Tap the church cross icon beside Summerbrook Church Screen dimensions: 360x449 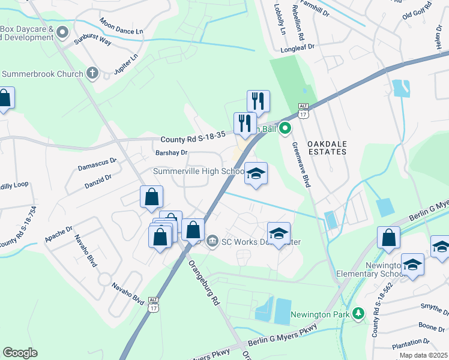pyautogui.click(x=92, y=74)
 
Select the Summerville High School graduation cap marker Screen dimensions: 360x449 pyautogui.click(x=256, y=175)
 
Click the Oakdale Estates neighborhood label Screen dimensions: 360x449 pyautogui.click(x=327, y=148)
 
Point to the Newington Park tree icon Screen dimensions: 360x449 pyautogui.click(x=358, y=314)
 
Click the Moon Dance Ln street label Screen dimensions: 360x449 pyautogui.click(x=122, y=26)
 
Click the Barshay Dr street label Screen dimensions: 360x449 pyautogui.click(x=171, y=153)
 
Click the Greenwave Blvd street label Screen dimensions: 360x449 pyautogui.click(x=300, y=164)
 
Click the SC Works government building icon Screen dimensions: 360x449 pyautogui.click(x=212, y=242)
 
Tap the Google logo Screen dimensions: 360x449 pyautogui.click(x=20, y=353)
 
